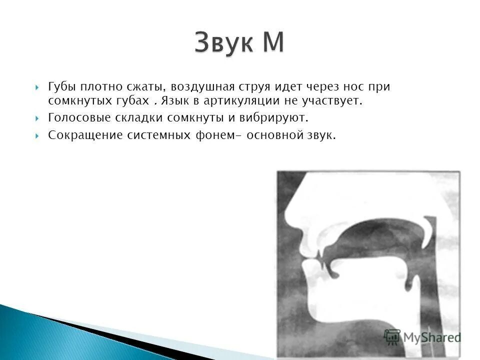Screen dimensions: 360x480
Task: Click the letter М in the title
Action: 271,42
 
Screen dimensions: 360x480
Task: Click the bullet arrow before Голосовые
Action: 38,119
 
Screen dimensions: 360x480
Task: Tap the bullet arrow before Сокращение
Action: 38,136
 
